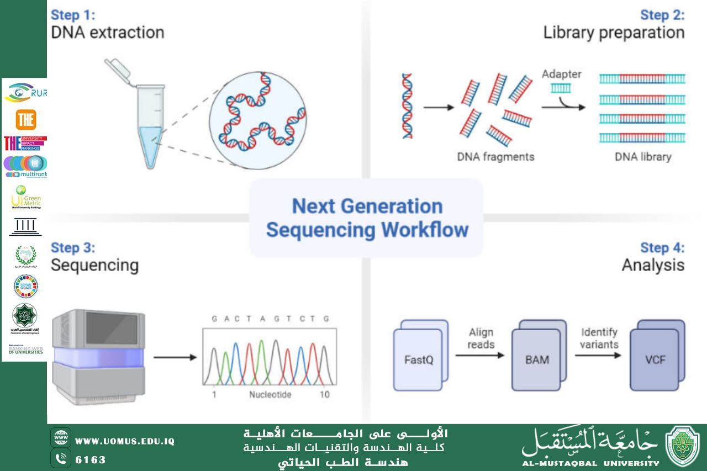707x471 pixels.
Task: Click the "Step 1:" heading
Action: click(73, 15)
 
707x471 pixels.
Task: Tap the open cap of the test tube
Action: click(118, 69)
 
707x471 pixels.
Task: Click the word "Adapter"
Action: click(561, 74)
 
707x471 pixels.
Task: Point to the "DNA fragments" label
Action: click(495, 157)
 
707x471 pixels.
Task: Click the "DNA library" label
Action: click(643, 157)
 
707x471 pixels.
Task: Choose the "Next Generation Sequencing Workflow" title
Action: click(367, 218)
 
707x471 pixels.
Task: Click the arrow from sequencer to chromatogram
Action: click(175, 357)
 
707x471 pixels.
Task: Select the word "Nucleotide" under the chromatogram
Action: click(270, 395)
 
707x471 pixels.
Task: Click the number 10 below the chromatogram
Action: click(325, 395)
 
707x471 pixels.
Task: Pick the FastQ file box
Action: click(418, 359)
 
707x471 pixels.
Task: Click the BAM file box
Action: click(536, 359)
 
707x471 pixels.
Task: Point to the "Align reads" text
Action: click(481, 338)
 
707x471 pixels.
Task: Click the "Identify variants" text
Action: click(599, 338)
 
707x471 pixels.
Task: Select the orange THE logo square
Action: click(25, 119)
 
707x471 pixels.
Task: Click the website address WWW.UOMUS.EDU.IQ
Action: click(125, 441)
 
